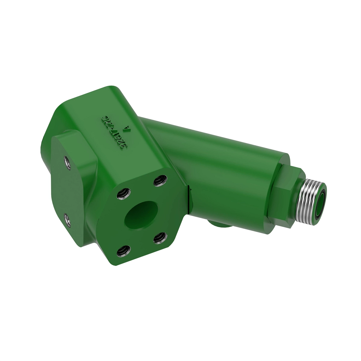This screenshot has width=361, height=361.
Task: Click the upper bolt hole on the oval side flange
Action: pos(66,162)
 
